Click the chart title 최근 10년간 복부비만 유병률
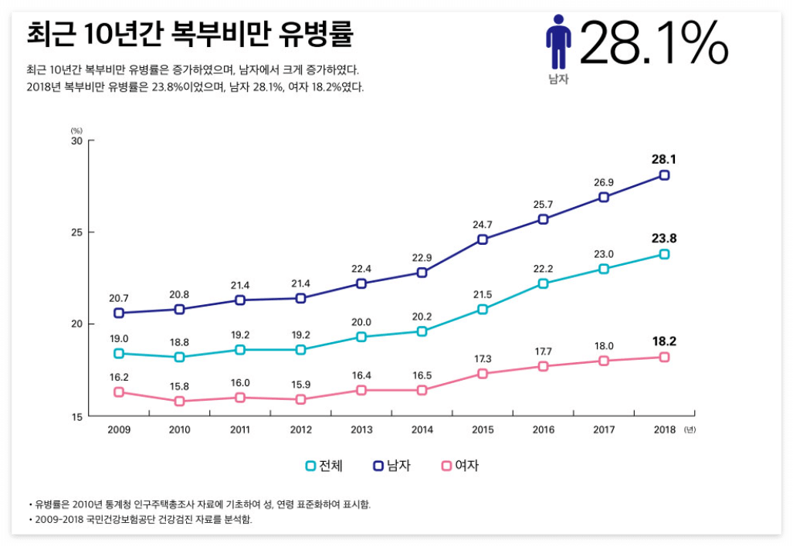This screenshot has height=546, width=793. pos(189,35)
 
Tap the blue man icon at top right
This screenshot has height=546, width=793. pos(557,42)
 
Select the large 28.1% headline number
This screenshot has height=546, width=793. pos(653,44)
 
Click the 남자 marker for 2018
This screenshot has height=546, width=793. pos(664,175)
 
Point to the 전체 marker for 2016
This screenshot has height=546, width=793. pos(543,283)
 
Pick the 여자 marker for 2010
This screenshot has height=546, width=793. pos(179,402)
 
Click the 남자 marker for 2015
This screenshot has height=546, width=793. pos(482,239)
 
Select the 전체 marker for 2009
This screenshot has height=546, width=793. pos(119,354)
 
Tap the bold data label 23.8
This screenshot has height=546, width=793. pos(664,239)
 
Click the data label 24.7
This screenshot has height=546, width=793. pos(482,224)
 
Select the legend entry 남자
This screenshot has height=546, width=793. pos(391,466)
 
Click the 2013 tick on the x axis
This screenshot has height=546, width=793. pos(361,430)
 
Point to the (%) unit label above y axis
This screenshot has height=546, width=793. pos(76,131)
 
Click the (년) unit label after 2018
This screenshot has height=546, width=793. pos(690,430)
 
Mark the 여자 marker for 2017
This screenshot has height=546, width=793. pos(604,361)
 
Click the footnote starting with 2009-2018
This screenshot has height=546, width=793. pos(142,520)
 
